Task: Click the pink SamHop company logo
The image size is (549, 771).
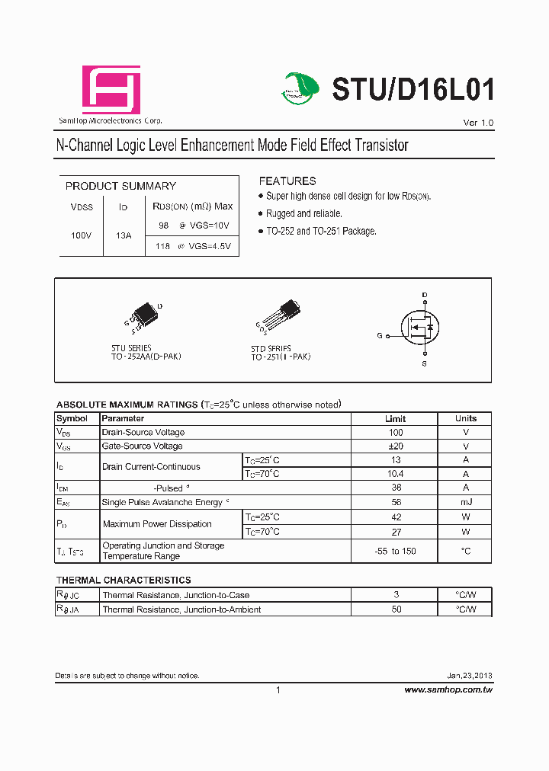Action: click(111, 89)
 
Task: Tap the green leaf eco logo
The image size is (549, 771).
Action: click(303, 88)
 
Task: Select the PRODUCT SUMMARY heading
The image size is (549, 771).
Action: click(120, 186)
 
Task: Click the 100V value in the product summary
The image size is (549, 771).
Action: click(82, 236)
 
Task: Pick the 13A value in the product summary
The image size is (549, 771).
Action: click(124, 236)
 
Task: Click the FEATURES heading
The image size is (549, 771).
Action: click(287, 181)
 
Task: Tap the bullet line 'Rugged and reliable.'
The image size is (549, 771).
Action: click(303, 214)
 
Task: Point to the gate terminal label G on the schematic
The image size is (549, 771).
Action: click(379, 335)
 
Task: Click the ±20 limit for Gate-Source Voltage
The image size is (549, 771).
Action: click(395, 446)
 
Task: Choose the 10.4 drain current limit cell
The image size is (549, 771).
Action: click(395, 474)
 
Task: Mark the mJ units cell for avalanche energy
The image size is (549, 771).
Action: click(466, 502)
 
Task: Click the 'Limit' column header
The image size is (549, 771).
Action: click(395, 419)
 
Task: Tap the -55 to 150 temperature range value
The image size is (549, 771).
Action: click(395, 551)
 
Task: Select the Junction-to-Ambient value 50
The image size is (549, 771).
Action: click(395, 609)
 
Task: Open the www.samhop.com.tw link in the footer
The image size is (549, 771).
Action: click(448, 689)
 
